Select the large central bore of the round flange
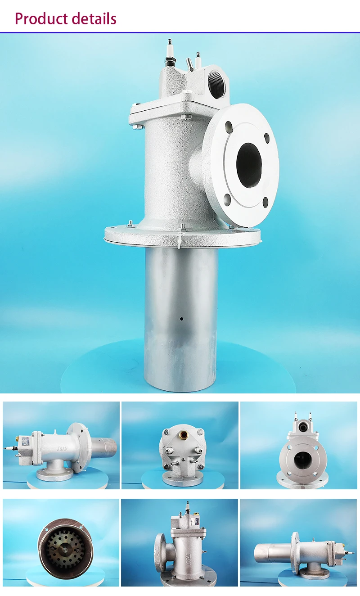tap(249, 165)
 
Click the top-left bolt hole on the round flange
tap(228, 126)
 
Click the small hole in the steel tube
tap(181, 319)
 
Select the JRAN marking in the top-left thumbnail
tap(63, 449)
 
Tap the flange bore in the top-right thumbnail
tap(299, 460)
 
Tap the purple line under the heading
tap(180, 32)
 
